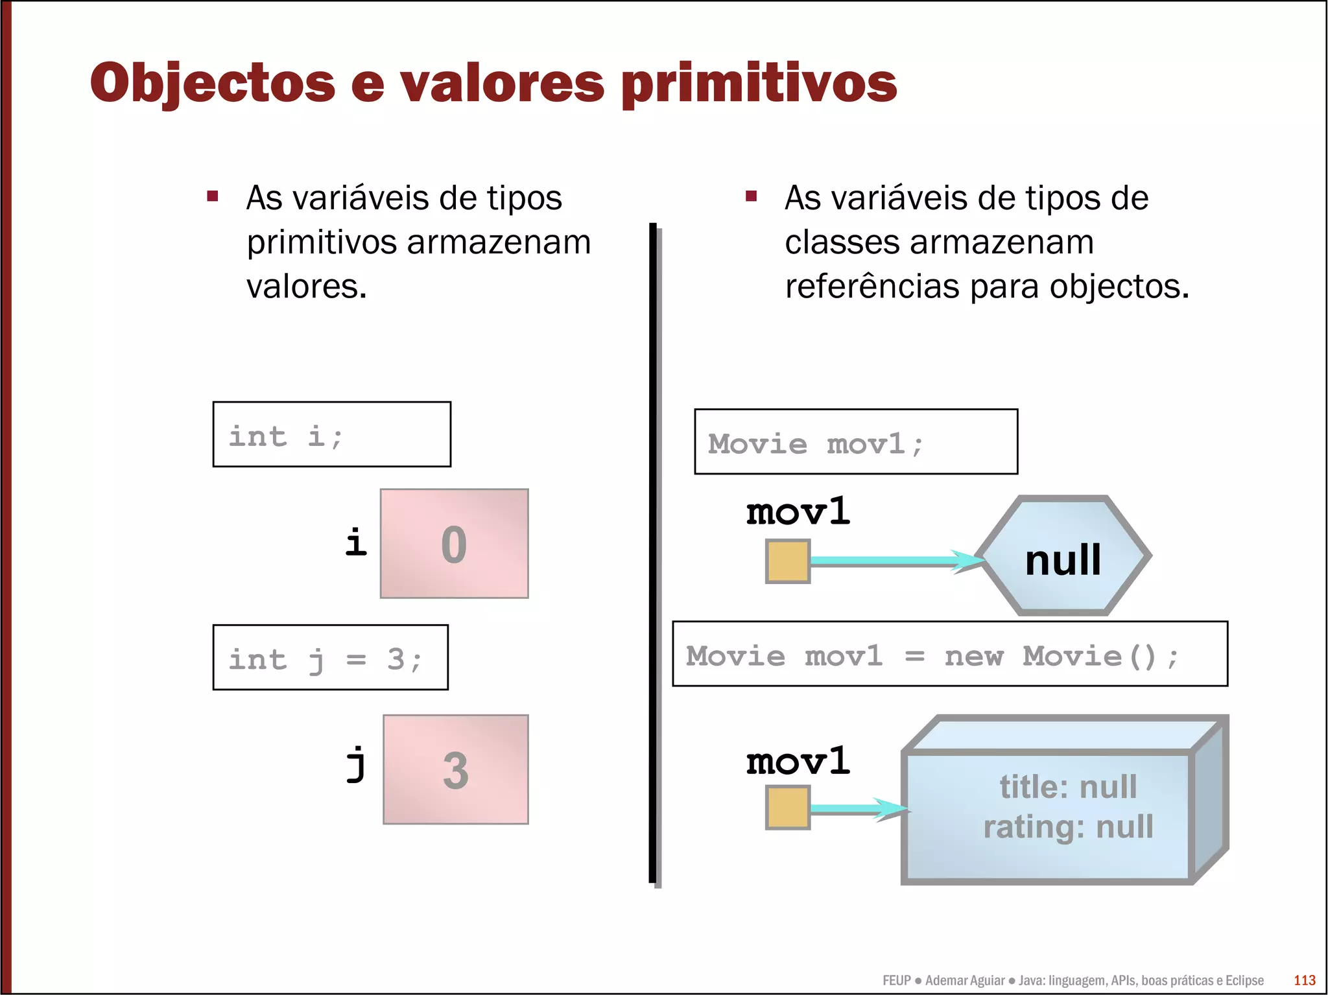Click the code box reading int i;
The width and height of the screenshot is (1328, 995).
(x=331, y=434)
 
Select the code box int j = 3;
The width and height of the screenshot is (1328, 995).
(x=330, y=657)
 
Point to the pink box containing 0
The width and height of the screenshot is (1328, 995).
(x=454, y=543)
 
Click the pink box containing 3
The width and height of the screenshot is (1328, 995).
(x=455, y=769)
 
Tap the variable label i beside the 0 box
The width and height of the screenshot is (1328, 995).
(x=355, y=542)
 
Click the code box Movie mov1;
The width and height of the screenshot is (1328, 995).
(x=855, y=442)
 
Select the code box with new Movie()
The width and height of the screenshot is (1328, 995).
(x=949, y=654)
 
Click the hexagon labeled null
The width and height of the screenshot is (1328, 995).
(x=1063, y=556)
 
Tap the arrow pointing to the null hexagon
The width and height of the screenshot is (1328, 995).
(x=895, y=561)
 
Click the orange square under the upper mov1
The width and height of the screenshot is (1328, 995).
(x=788, y=561)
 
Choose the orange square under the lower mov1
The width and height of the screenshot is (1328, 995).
(x=788, y=808)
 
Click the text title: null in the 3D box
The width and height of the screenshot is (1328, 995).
(x=1068, y=787)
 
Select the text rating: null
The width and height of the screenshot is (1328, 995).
(x=1068, y=827)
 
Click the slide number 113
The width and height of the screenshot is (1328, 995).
(x=1304, y=980)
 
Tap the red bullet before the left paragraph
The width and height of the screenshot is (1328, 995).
(x=213, y=196)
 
